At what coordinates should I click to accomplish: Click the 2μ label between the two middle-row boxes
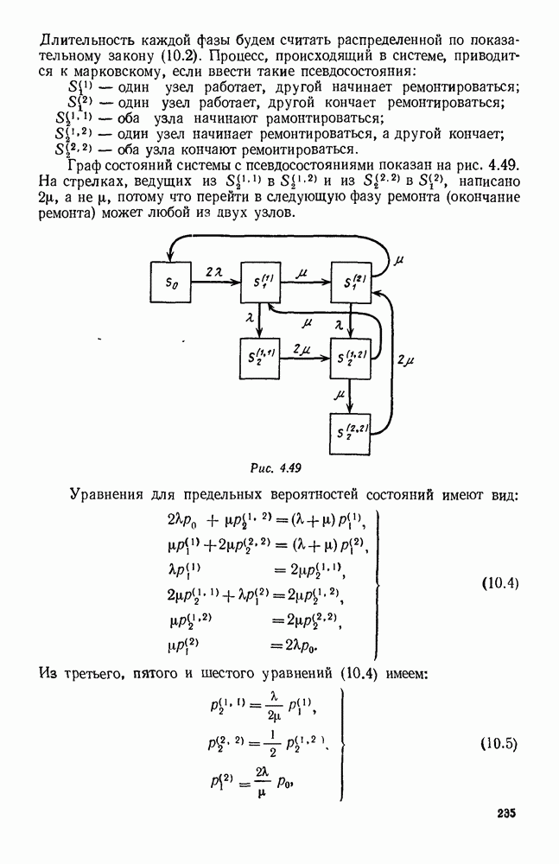click(302, 348)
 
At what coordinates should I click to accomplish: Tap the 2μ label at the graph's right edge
click(404, 358)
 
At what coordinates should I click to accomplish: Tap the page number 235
click(505, 813)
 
